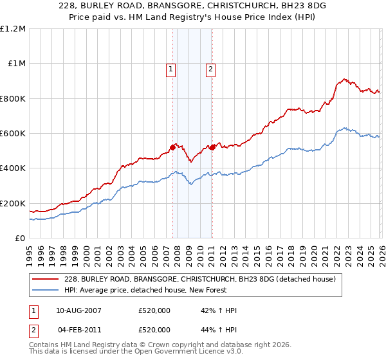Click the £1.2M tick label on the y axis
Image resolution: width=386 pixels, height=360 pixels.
coord(12,29)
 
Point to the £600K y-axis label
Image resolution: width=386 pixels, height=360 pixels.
coord(12,134)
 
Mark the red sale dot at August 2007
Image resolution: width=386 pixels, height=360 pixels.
coord(172,148)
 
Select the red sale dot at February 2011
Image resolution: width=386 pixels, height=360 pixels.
coord(212,147)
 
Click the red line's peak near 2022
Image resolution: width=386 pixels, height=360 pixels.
coord(345,79)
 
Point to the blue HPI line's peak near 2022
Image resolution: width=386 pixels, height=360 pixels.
coord(345,128)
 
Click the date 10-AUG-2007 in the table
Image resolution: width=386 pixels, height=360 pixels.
coord(78,310)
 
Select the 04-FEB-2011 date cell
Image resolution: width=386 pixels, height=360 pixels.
coord(78,329)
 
